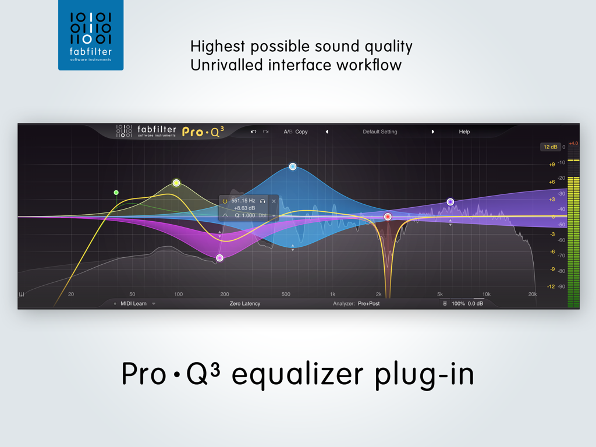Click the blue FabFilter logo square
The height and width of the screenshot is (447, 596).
pyautogui.click(x=91, y=35)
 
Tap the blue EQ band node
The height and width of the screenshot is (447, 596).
pyautogui.click(x=293, y=166)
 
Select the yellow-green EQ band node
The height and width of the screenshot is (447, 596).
pyautogui.click(x=176, y=183)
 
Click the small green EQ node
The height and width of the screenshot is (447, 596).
pyautogui.click(x=116, y=192)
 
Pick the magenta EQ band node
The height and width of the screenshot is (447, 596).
pyautogui.click(x=219, y=258)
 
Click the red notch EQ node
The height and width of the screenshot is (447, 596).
pyautogui.click(x=388, y=217)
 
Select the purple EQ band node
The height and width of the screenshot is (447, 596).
pyautogui.click(x=450, y=202)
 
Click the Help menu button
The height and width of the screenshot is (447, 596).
pyautogui.click(x=464, y=132)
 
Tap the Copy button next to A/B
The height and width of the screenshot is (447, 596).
pyautogui.click(x=301, y=132)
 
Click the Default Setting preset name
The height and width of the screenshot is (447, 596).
pyautogui.click(x=379, y=132)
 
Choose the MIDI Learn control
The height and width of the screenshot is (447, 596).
pyautogui.click(x=134, y=303)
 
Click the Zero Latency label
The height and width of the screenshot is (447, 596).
pyautogui.click(x=245, y=303)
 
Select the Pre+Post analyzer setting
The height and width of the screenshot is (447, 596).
pyautogui.click(x=368, y=303)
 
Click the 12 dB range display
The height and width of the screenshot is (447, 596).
pyautogui.click(x=549, y=147)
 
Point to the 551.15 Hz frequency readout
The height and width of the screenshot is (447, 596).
pyautogui.click(x=243, y=200)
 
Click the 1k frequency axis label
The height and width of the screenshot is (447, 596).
pyautogui.click(x=332, y=294)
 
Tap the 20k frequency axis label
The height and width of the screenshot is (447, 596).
pyautogui.click(x=532, y=294)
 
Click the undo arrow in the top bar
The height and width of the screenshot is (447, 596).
pyautogui.click(x=253, y=132)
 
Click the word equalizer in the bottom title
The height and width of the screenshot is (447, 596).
pyautogui.click(x=297, y=374)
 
